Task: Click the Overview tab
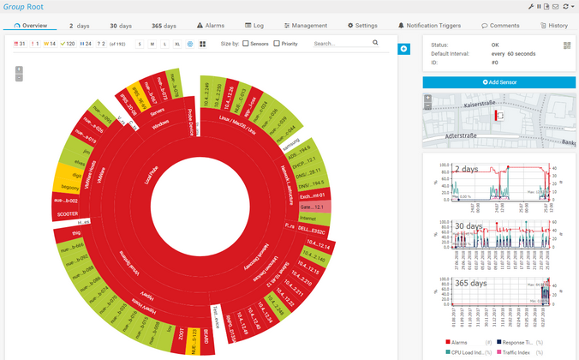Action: (x=31, y=26)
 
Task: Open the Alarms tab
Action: (x=211, y=26)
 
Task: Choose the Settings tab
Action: (x=362, y=26)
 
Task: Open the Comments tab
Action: (x=500, y=26)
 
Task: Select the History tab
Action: (x=553, y=26)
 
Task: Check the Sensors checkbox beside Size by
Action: (x=246, y=43)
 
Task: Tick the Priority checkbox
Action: (x=277, y=43)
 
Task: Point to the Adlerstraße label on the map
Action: (x=460, y=135)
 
